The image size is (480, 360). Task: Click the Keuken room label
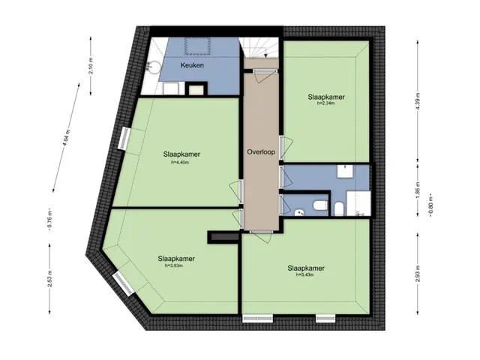click(192, 65)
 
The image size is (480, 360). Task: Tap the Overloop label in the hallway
click(261, 151)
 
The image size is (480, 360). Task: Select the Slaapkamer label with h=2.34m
click(326, 97)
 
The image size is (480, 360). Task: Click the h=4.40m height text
click(180, 163)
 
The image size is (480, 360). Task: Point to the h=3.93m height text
click(174, 265)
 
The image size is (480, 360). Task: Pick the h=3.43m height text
click(305, 275)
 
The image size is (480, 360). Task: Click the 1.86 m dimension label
click(418, 190)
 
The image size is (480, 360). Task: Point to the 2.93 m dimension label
click(418, 273)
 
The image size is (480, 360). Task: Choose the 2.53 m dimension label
click(49, 278)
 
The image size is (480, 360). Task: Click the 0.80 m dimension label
click(430, 205)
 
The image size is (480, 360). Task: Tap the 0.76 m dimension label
click(50, 220)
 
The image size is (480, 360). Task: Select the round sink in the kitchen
click(153, 67)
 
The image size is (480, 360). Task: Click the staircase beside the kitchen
click(259, 48)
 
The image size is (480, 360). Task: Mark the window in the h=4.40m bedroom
click(124, 138)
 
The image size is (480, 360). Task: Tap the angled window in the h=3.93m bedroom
click(123, 284)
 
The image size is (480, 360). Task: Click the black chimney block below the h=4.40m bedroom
click(223, 237)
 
